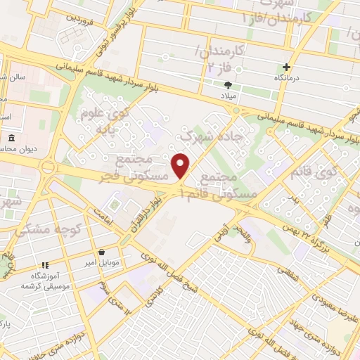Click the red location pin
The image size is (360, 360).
[181, 165]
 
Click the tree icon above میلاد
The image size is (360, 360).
[227, 84]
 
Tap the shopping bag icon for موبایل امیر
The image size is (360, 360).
[103, 252]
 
